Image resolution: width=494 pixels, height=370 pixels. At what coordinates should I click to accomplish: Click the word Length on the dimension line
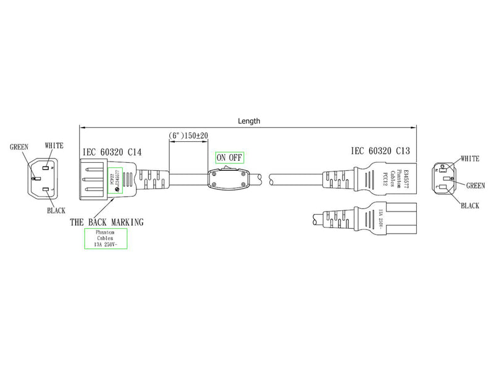tap(249, 121)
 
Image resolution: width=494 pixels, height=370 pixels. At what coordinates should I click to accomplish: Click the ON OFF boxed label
tap(229, 157)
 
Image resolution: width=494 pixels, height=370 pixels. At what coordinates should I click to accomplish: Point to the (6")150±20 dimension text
tap(188, 135)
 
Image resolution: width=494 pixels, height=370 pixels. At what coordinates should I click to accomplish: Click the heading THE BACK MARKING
tap(107, 221)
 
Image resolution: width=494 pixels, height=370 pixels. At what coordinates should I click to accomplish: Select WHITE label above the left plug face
tap(54, 145)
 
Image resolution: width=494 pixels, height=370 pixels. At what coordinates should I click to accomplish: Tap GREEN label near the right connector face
tap(475, 185)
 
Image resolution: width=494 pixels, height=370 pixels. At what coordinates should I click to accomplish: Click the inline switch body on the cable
tap(230, 179)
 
